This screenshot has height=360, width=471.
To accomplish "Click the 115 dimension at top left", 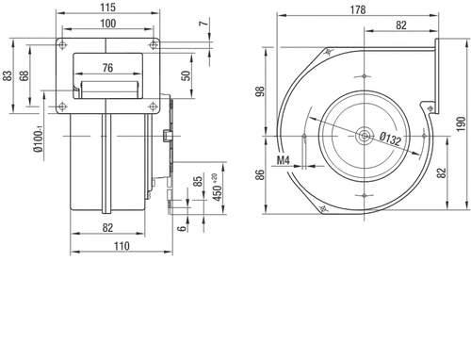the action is pyautogui.click(x=107, y=8).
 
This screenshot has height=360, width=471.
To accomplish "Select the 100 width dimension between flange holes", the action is pyautogui.click(x=107, y=24).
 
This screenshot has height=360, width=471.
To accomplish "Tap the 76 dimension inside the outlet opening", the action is pyautogui.click(x=107, y=68).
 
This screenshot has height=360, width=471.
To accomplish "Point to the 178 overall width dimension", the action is pyautogui.click(x=358, y=9).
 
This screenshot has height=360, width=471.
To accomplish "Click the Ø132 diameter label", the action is pyautogui.click(x=390, y=139).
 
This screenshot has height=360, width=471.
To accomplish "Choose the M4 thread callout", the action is pyautogui.click(x=283, y=160).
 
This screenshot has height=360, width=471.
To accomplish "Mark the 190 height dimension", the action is pyautogui.click(x=461, y=124).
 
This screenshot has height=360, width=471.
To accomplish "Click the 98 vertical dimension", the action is pyautogui.click(x=261, y=91).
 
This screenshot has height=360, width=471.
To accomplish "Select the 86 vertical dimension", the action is pyautogui.click(x=261, y=174).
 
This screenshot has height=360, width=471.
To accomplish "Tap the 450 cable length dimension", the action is pyautogui.click(x=217, y=190).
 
